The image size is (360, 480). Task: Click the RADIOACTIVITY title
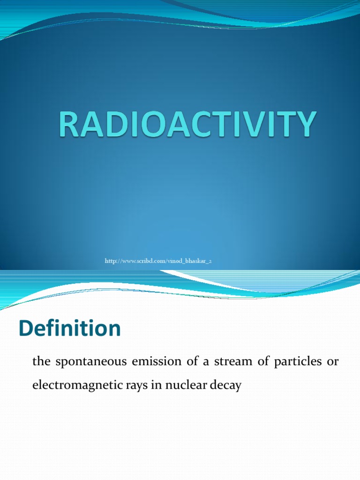[x=186, y=124]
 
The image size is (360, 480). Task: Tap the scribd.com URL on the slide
[x=158, y=260]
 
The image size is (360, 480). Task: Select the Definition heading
[x=70, y=329]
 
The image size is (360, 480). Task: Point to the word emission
[x=144, y=362]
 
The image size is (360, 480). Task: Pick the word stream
[x=219, y=362]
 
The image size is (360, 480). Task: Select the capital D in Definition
[x=26, y=329]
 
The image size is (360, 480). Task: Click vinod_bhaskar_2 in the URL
[x=189, y=260]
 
